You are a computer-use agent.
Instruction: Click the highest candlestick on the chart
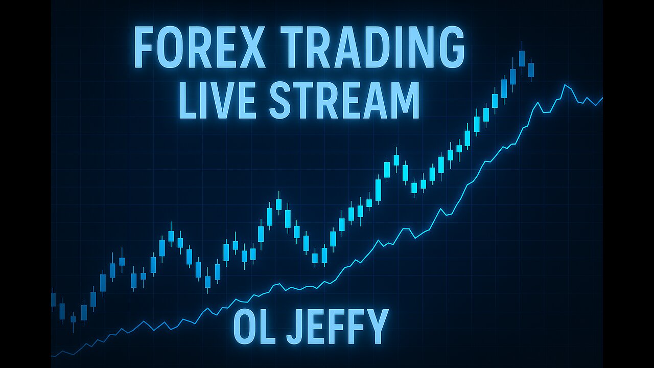(522, 58)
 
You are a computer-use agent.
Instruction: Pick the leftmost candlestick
(53, 300)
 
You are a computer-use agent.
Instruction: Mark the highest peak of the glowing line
(565, 85)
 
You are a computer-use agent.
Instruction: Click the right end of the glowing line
(602, 98)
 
